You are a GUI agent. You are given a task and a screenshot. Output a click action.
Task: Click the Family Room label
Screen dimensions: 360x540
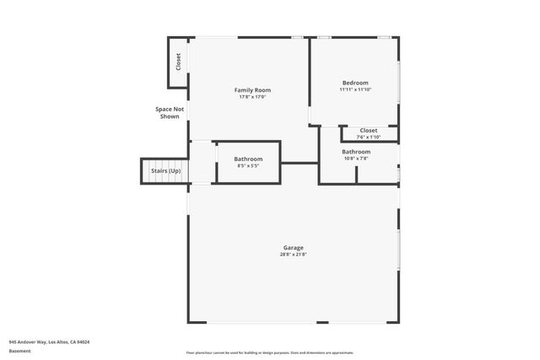(x=252, y=90)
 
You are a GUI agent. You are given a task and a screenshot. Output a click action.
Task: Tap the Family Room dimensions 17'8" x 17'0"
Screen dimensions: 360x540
(x=252, y=97)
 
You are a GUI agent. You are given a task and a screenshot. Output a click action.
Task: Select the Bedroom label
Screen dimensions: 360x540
(x=354, y=83)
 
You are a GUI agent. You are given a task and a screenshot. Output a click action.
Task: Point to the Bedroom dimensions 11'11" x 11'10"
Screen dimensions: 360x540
(x=354, y=89)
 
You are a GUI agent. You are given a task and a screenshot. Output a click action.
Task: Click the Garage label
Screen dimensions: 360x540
(x=293, y=248)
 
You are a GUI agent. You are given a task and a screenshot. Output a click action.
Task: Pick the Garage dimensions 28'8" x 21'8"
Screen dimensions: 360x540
(x=293, y=255)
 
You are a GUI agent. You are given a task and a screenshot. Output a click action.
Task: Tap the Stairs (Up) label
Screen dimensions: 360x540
(x=165, y=171)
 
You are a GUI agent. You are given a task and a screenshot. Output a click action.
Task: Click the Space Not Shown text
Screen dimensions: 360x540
(x=170, y=113)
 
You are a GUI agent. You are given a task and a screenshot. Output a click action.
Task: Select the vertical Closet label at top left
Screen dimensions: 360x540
(x=178, y=62)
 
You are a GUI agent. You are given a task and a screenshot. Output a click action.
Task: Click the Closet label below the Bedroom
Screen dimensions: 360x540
(x=369, y=131)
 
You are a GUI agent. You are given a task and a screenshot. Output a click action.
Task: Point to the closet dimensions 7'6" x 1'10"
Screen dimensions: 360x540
(x=369, y=137)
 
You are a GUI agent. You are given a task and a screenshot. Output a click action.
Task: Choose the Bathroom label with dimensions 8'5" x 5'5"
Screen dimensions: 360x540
(x=248, y=159)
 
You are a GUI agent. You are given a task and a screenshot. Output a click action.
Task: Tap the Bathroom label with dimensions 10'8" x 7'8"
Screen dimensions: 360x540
(x=355, y=152)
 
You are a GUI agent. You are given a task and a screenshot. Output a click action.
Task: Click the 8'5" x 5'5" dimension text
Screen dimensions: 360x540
(x=248, y=166)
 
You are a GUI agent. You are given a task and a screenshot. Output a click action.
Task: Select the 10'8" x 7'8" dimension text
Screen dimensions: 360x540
(x=355, y=159)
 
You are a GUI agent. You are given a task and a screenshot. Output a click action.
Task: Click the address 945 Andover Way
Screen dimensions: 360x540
(x=49, y=342)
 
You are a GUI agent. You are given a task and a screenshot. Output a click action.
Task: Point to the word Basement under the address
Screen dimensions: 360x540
(x=20, y=350)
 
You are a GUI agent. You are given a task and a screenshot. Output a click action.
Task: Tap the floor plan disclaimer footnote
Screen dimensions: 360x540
(x=269, y=352)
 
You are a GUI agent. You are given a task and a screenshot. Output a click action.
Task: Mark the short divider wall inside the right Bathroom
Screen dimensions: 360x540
(x=356, y=175)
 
